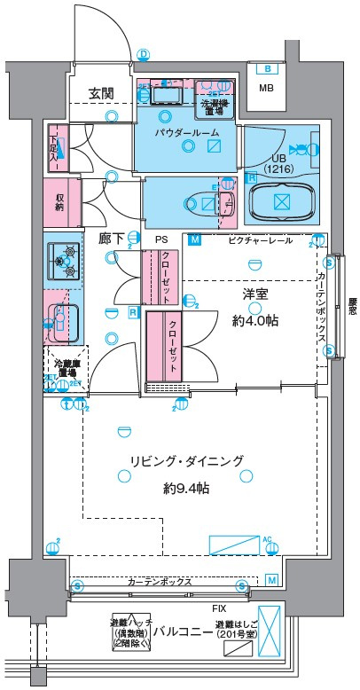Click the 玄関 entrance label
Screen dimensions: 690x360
tap(100, 93)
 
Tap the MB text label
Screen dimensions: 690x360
tap(266, 88)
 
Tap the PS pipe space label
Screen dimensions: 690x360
tap(160, 240)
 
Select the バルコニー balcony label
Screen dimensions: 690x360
tap(182, 632)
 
